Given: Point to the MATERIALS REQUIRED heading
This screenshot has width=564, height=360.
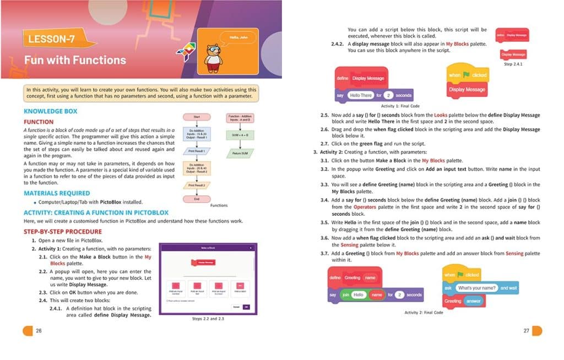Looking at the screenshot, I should click(57, 193).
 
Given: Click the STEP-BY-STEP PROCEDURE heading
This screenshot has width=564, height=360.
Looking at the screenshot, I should click(63, 232).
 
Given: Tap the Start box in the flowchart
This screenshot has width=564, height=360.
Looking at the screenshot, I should click(197, 117).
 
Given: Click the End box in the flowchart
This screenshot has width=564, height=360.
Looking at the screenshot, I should click(197, 199).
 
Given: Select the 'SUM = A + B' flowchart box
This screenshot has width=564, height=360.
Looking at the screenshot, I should click(238, 134).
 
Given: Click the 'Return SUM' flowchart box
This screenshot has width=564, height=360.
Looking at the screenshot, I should click(238, 153).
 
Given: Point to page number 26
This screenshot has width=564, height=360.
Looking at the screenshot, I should click(38, 331).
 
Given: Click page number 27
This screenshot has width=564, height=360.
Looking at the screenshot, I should click(527, 330).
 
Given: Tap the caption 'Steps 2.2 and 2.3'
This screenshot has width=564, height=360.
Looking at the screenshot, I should click(208, 319).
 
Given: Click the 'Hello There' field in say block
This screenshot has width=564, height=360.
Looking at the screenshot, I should click(361, 95).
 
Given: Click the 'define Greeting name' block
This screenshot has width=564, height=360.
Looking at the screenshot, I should click(353, 278).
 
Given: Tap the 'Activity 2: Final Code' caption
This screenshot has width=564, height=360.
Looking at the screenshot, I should click(424, 313).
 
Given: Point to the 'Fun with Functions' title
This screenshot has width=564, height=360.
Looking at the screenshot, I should click(75, 60).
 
